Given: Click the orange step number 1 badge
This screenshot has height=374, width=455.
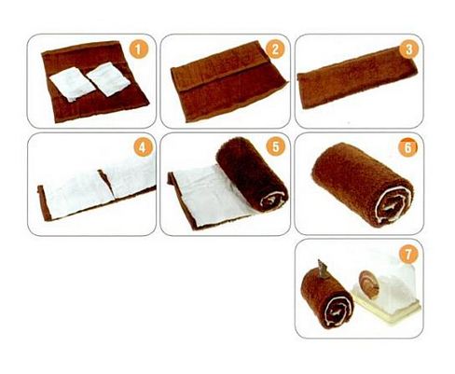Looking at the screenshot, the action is [x=139, y=49].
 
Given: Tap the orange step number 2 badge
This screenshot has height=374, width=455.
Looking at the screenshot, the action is [x=275, y=49].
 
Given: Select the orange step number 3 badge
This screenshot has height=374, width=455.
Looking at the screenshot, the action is [x=408, y=49].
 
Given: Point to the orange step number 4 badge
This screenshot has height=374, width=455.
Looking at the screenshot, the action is [x=143, y=147].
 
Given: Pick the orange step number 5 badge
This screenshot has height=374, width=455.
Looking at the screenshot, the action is [x=276, y=146].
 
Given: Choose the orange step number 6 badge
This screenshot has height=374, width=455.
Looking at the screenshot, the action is [x=407, y=147].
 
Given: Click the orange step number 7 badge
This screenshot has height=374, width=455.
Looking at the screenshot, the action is [x=408, y=254].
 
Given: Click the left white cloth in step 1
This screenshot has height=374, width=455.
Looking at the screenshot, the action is [x=72, y=84].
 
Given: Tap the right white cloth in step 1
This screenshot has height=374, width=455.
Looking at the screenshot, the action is [x=108, y=78].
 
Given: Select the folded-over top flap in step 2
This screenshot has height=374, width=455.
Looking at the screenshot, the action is [x=220, y=66].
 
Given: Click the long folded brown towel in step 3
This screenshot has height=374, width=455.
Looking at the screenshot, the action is [x=357, y=77].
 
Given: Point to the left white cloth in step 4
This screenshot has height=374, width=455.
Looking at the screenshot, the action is [x=77, y=195].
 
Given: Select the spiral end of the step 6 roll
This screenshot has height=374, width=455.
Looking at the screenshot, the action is [x=393, y=205].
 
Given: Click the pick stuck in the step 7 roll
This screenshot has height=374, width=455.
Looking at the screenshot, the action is [x=323, y=270].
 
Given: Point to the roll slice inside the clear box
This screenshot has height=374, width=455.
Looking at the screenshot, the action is [x=370, y=284].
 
